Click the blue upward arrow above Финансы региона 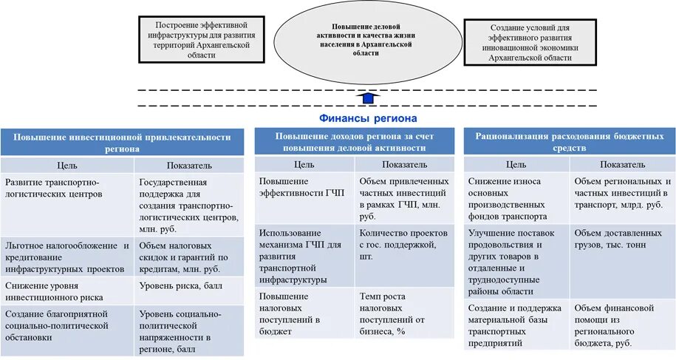[367, 99]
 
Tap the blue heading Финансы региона [368, 118]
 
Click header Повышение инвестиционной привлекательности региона [122, 142]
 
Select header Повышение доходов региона [354, 142]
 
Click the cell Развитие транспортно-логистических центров [67, 188]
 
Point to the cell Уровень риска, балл [188, 285]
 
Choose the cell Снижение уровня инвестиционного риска [67, 291]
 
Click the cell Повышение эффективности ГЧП [304, 187]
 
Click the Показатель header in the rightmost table [622, 164]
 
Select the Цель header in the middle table [304, 164]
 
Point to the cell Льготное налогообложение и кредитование [67, 257]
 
